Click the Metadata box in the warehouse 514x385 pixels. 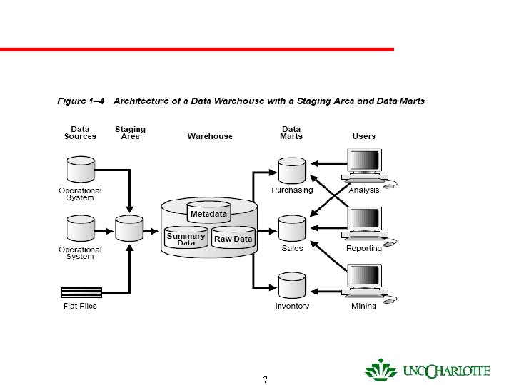pos(208,214)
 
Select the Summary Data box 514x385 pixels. pos(186,238)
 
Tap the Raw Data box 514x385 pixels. pos(233,240)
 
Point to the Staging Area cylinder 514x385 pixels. pos(130,228)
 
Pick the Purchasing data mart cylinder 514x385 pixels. pos(291,171)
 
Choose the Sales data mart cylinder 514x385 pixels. pos(291,228)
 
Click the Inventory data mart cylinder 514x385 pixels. pos(291,285)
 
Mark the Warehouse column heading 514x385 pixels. pos(210,136)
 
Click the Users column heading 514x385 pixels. pos(364,136)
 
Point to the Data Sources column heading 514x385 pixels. pos(80,133)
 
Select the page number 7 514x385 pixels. pos(266,379)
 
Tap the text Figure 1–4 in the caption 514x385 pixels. pos(81,101)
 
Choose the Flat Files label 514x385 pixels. pos(79,306)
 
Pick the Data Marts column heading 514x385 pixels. pos(291,133)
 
